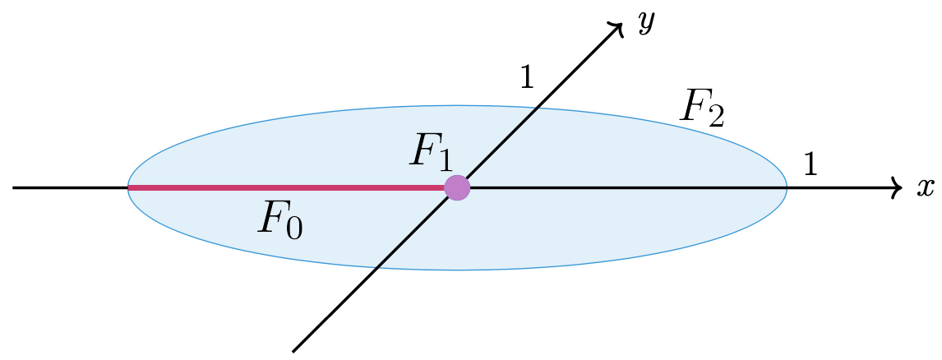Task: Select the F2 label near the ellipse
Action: point(701,108)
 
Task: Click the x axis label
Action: point(926,188)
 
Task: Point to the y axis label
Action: point(646,23)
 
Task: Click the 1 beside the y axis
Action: point(527,76)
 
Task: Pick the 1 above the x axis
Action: point(810,166)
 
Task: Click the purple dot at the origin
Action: point(457,188)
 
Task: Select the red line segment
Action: point(288,188)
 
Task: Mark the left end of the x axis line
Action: point(14,188)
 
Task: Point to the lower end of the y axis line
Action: point(293,351)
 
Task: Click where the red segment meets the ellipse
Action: point(128,188)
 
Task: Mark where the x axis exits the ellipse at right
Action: point(787,188)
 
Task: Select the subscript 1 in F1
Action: point(445,160)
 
